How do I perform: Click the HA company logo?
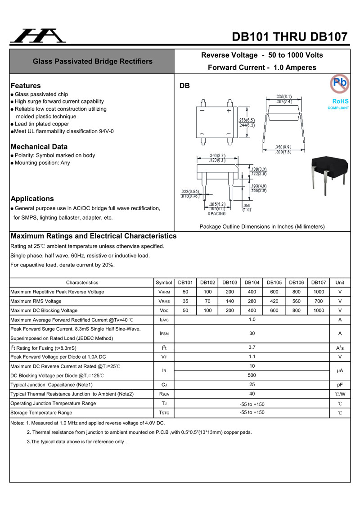tap(38, 36)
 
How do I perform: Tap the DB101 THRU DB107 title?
tap(290, 37)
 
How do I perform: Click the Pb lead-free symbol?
tap(340, 83)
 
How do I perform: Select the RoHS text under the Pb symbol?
tap(340, 101)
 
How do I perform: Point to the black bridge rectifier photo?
tap(328, 173)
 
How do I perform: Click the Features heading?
tap(26, 86)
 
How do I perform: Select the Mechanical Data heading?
tap(39, 147)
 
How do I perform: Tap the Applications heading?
tap(32, 198)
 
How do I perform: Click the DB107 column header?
tap(319, 283)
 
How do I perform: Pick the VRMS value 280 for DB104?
tap(252, 301)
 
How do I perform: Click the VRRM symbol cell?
tap(164, 292)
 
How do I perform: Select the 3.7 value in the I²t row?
tap(252, 347)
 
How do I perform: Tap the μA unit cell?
tap(340, 371)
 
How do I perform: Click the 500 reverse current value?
tap(252, 375)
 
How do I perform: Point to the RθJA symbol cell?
tap(164, 394)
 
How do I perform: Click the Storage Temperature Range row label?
tap(41, 413)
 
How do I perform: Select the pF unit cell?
tap(340, 385)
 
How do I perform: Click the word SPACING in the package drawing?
tap(217, 214)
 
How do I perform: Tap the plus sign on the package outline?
tap(229, 110)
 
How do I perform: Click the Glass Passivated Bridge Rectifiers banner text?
tap(93, 61)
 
